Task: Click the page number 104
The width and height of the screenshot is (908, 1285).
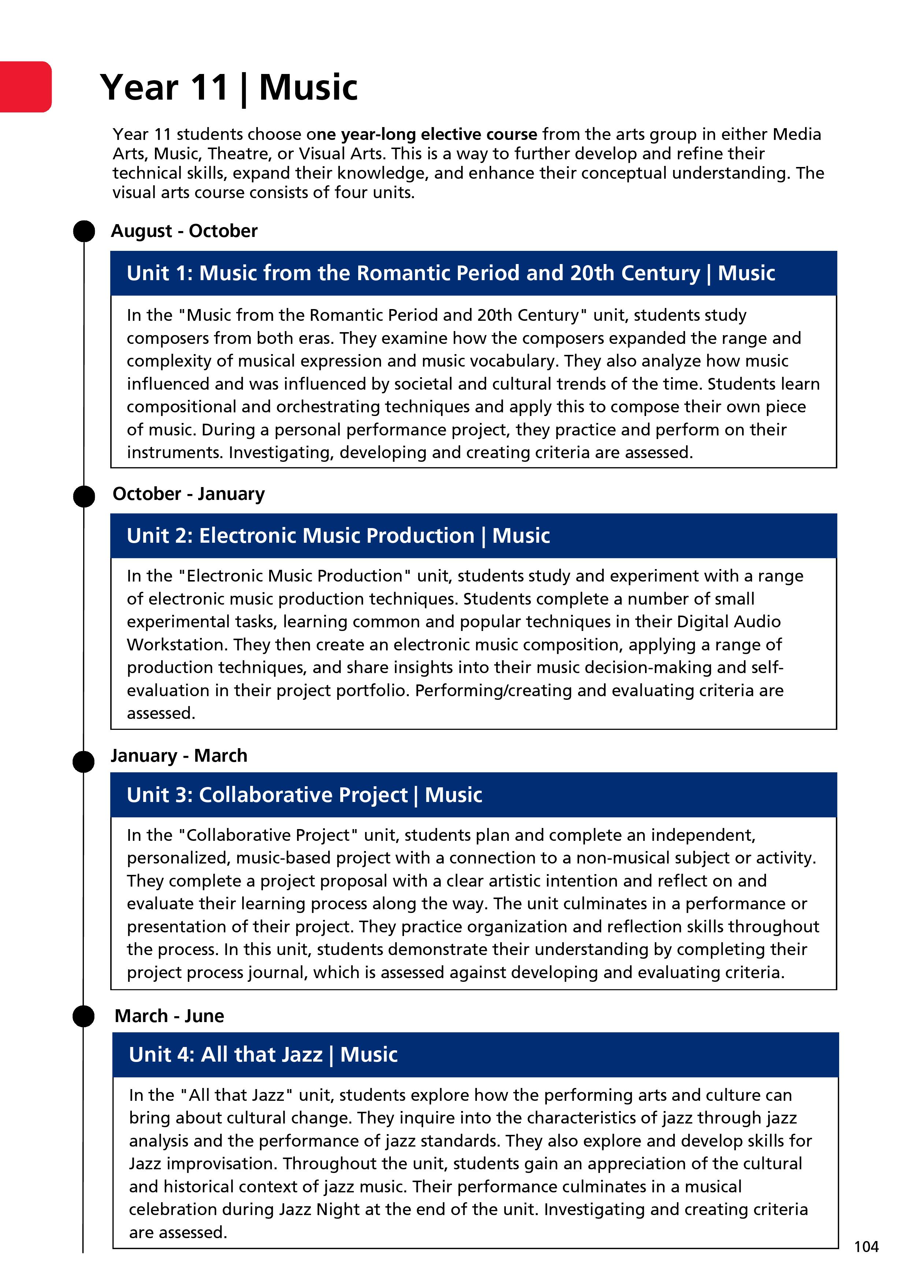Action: tap(866, 1247)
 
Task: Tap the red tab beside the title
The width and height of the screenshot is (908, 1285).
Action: tap(25, 87)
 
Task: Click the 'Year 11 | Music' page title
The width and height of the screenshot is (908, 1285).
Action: tap(229, 88)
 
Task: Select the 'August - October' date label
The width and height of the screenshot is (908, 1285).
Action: tap(184, 231)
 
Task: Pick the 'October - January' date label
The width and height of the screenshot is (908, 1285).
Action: tap(189, 494)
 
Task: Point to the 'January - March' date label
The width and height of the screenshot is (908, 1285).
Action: tap(179, 755)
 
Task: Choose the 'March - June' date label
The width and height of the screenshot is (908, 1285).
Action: tap(169, 1016)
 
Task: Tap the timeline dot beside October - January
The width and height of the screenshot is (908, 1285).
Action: tap(84, 496)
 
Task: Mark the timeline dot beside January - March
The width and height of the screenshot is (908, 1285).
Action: tap(84, 762)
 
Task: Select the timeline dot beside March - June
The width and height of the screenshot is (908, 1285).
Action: tap(84, 1016)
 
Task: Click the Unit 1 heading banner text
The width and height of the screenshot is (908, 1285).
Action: tap(451, 273)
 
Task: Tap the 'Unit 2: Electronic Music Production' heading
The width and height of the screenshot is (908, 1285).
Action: tap(338, 536)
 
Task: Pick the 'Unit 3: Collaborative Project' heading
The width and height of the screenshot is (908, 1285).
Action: tap(304, 795)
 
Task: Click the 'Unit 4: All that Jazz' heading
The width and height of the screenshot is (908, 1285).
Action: tap(263, 1054)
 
